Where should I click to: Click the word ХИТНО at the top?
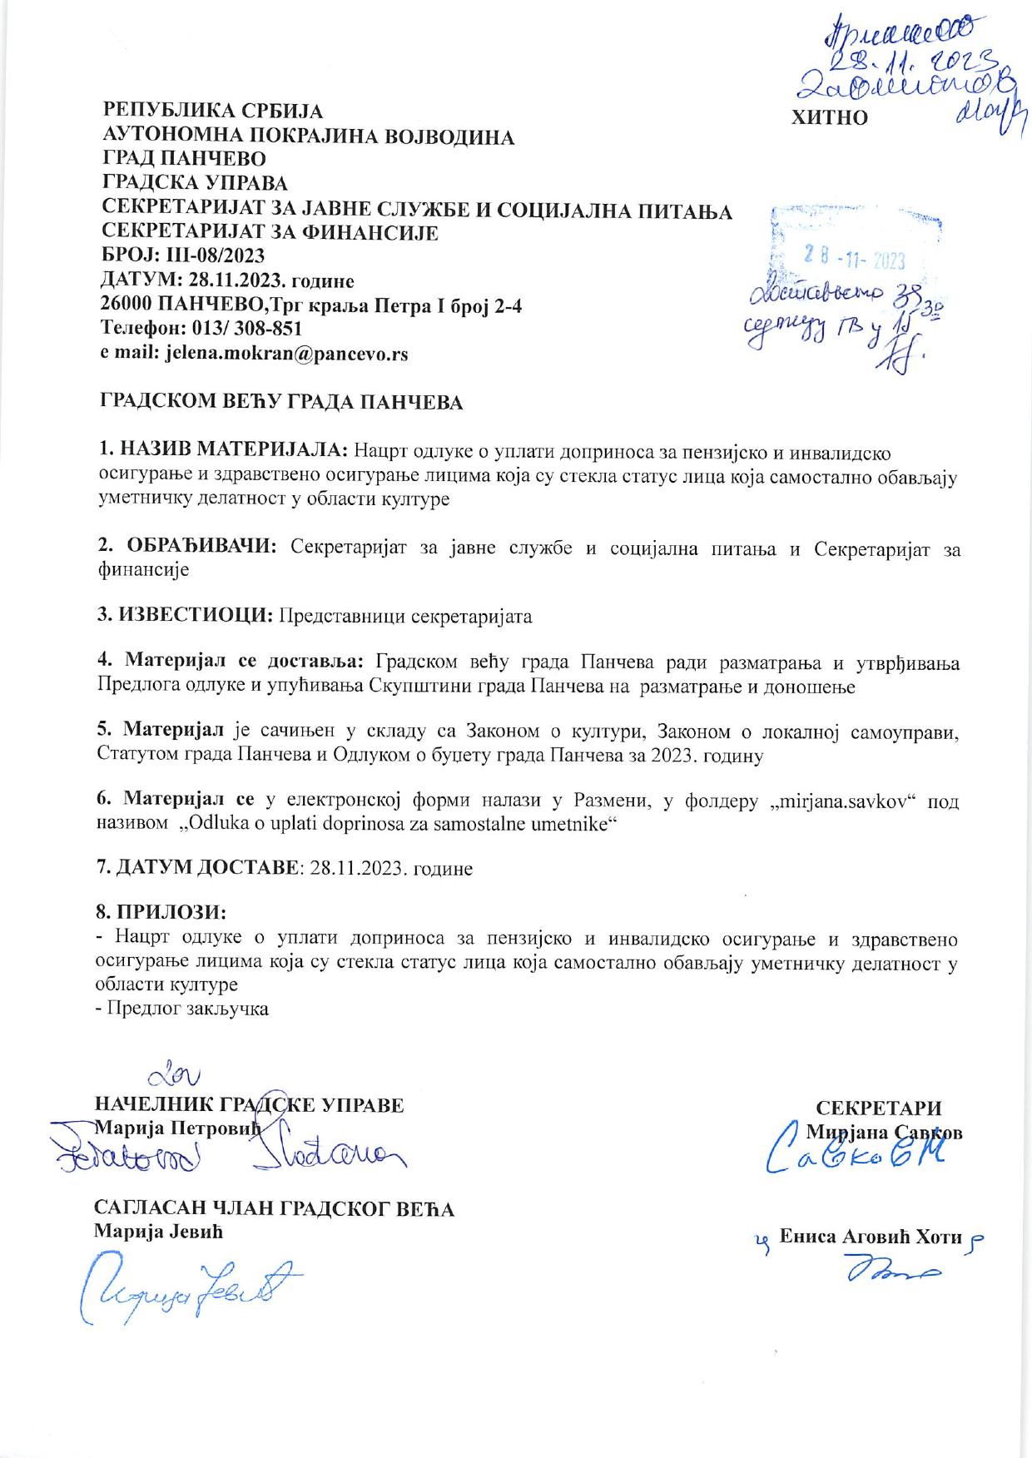(x=830, y=117)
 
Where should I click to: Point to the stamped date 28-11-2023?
(x=851, y=260)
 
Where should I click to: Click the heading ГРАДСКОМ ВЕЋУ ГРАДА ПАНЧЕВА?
(x=281, y=403)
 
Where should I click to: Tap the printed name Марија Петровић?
(x=178, y=1129)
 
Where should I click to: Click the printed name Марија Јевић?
(x=158, y=1232)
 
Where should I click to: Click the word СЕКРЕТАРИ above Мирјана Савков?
(x=879, y=1108)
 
